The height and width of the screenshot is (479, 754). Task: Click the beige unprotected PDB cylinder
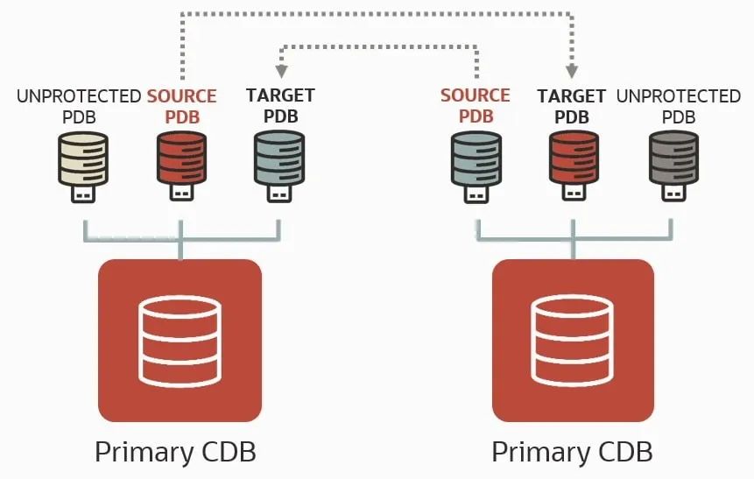pos(83,158)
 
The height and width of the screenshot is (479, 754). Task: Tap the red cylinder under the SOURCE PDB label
pos(181,158)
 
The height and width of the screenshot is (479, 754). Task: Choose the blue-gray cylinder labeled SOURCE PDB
pos(476,158)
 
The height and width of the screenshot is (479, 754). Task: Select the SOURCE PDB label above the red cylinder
pos(181,105)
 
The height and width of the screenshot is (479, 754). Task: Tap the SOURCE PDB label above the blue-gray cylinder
pos(475,105)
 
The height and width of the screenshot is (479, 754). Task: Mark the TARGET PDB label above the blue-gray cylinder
pos(280,105)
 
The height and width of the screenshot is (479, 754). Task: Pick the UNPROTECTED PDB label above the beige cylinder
pos(79,105)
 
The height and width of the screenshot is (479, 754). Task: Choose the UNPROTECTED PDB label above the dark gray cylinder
pos(678,105)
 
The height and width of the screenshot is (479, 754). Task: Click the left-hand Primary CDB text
pos(175,453)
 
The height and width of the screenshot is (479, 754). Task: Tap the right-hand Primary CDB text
pos(572,453)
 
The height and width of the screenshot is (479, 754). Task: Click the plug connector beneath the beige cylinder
pos(83,194)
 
